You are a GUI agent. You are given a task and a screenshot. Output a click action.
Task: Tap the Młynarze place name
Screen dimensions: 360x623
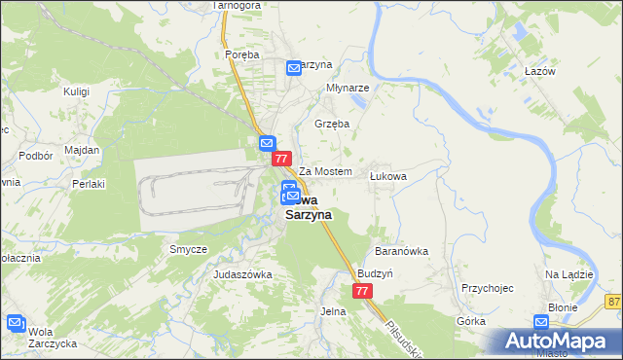tap(346, 86)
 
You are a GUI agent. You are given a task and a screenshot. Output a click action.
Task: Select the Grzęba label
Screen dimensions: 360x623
tap(332, 125)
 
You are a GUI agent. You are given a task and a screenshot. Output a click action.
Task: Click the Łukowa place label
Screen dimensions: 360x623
tap(387, 176)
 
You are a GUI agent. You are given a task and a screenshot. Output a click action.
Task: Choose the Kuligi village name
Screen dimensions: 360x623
tap(76, 91)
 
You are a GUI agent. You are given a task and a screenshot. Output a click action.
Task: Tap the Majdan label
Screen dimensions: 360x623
tap(82, 150)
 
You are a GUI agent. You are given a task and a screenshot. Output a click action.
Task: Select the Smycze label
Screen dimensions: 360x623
tap(188, 249)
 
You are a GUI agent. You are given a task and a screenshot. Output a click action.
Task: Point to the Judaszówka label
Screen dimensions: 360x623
tap(242, 274)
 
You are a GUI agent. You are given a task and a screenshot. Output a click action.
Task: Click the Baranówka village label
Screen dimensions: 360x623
tap(404, 251)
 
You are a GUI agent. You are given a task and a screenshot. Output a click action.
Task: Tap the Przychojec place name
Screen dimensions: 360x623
tap(488, 288)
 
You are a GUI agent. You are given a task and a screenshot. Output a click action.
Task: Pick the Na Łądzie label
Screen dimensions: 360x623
tap(569, 274)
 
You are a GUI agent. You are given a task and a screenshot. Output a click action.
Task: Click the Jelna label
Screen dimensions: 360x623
tap(333, 311)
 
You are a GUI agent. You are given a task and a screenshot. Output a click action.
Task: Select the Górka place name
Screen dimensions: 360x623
tap(470, 320)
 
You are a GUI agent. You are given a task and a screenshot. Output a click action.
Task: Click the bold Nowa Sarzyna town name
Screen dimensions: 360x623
tap(309, 207)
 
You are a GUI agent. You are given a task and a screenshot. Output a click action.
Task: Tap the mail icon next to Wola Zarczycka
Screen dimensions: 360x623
tap(16, 323)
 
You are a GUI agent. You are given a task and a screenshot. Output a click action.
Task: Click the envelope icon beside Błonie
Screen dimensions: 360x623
tap(542, 323)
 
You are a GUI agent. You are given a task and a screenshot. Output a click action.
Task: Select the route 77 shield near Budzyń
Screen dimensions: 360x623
tap(362, 291)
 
